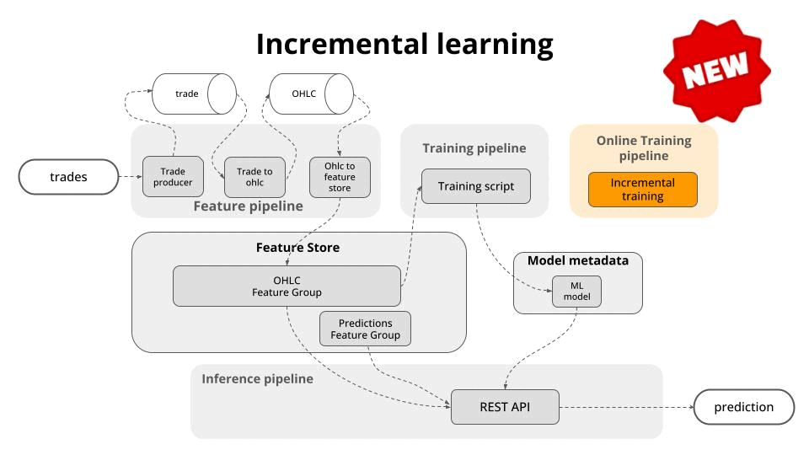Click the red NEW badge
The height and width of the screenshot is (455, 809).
(716, 71)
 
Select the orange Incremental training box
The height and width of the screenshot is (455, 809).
(643, 190)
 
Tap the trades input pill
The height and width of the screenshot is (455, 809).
(68, 177)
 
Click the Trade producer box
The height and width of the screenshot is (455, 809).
(173, 176)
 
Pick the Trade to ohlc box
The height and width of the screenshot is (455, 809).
(254, 177)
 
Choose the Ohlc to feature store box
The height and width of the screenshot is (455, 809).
(340, 177)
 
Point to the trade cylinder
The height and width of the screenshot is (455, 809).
(195, 94)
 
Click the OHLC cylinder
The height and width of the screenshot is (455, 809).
(312, 94)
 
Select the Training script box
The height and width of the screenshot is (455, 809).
(475, 186)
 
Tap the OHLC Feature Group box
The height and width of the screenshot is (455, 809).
(287, 286)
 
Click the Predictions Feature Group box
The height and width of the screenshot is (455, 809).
(365, 329)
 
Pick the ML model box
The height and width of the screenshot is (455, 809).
(576, 292)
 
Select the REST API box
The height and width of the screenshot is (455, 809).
(505, 407)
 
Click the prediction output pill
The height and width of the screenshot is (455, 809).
(744, 407)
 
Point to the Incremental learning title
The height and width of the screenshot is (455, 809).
(404, 45)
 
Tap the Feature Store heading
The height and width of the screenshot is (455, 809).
(297, 248)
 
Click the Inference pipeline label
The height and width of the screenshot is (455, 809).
(258, 379)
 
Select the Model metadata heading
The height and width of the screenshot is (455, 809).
(578, 260)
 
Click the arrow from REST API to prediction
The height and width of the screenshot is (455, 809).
(627, 407)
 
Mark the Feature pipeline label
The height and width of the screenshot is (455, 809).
(248, 206)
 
